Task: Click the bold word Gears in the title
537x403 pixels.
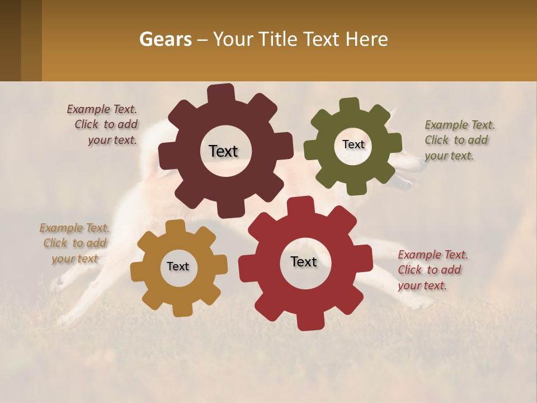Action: (165, 39)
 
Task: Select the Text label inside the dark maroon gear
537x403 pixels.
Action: (223, 151)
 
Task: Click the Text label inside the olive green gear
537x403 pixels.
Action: (353, 144)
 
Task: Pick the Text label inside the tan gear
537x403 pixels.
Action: (178, 266)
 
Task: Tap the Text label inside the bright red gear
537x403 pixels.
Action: (304, 261)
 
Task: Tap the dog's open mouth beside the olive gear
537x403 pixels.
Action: (407, 180)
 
